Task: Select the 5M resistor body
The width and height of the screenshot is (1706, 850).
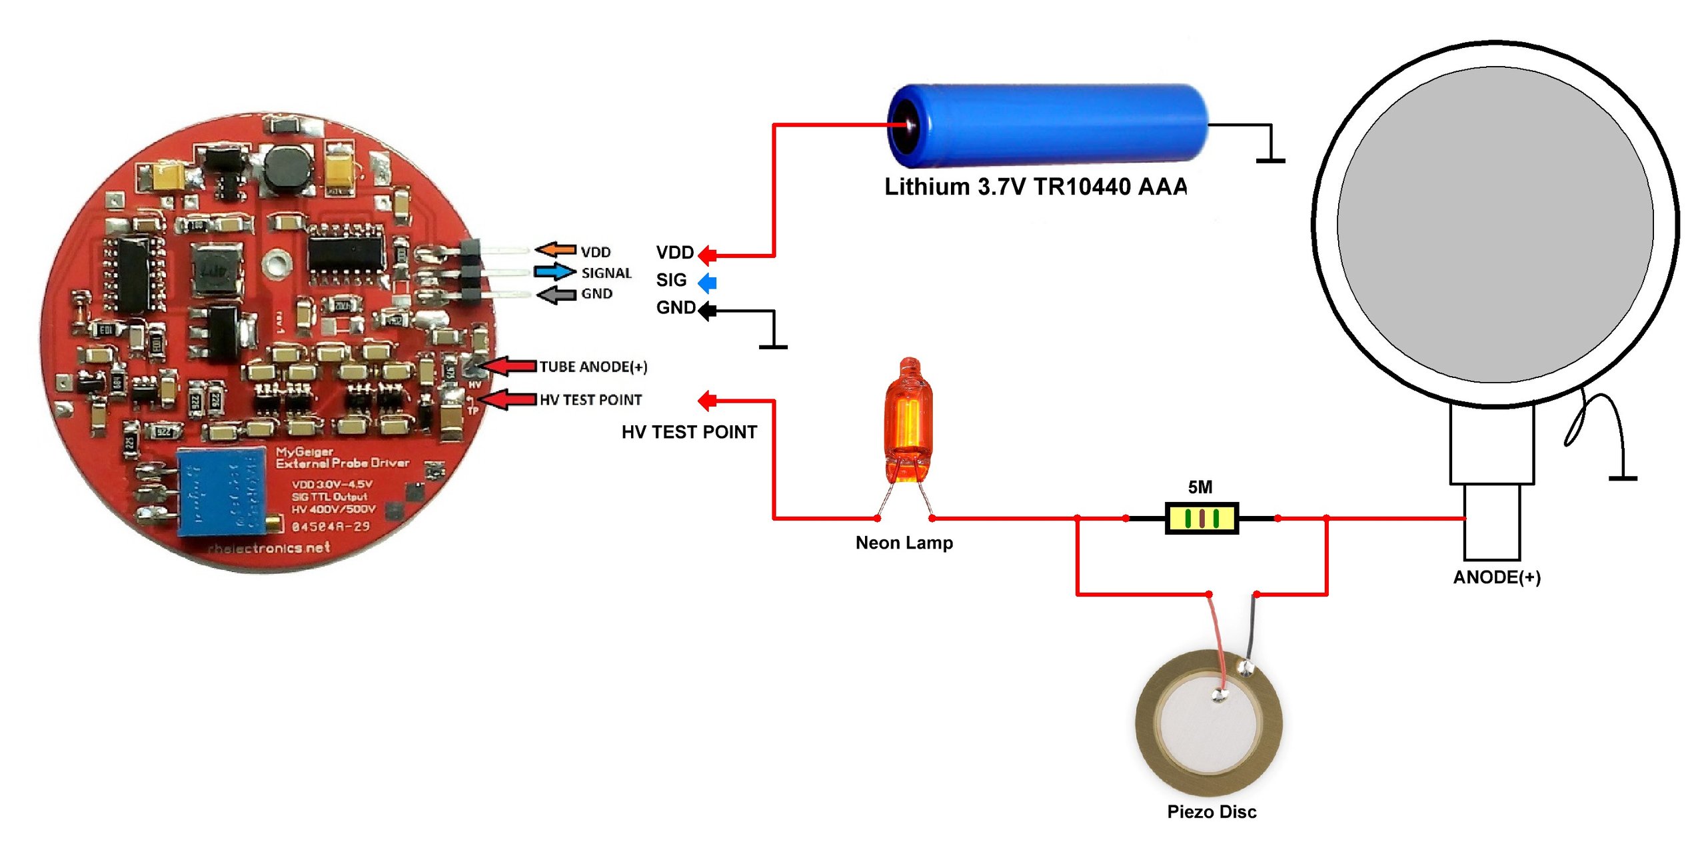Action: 1202,518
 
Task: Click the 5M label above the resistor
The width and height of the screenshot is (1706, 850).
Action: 1200,487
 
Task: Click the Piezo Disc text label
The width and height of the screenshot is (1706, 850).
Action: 1211,811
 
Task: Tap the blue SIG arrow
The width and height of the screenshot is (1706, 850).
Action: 707,283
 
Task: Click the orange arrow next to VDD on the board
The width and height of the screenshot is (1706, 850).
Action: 556,250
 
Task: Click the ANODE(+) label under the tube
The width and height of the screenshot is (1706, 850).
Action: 1496,577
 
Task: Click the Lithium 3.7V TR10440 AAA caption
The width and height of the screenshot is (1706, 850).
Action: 1035,187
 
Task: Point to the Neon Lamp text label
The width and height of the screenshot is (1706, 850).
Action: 904,543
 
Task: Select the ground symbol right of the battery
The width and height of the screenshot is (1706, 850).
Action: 1270,159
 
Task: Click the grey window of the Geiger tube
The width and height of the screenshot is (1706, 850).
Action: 1495,225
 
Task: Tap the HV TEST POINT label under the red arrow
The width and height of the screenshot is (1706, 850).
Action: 688,432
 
